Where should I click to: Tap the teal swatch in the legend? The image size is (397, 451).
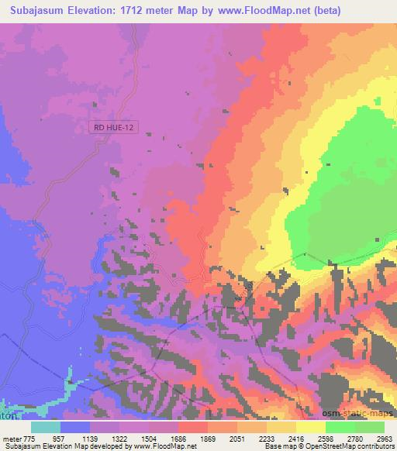click(46, 427)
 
